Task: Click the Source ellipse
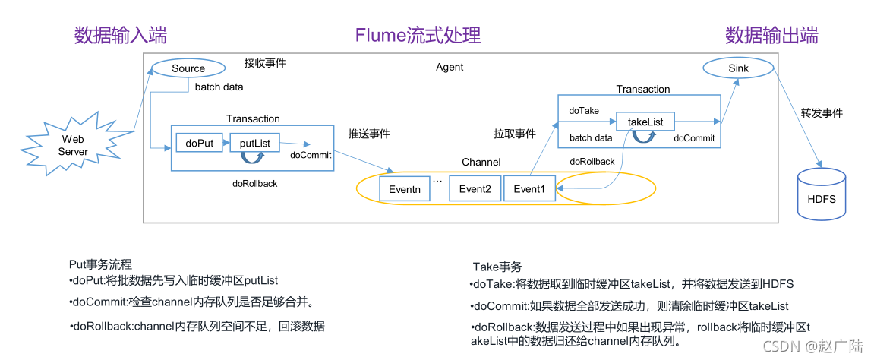click(x=188, y=68)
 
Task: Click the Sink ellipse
click(x=738, y=68)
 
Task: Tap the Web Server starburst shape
click(x=73, y=145)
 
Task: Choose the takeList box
click(x=645, y=121)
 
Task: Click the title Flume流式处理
click(x=418, y=36)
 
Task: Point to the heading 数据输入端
click(x=121, y=36)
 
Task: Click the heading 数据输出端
click(x=771, y=36)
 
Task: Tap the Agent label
click(x=450, y=67)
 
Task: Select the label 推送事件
click(x=369, y=134)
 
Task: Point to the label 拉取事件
click(x=515, y=134)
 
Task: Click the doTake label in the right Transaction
click(x=584, y=111)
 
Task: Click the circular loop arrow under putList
click(x=252, y=157)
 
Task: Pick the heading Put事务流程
click(x=101, y=264)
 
